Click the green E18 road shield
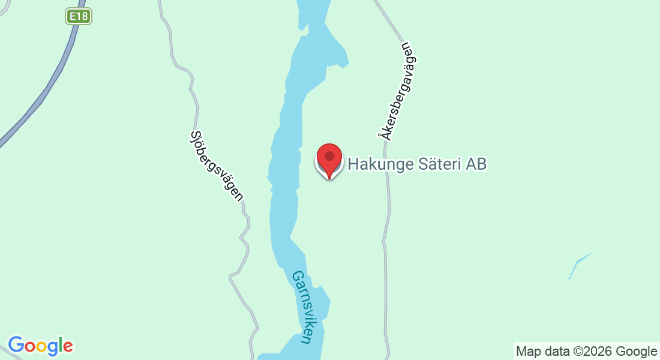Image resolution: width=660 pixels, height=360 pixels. (x=79, y=16)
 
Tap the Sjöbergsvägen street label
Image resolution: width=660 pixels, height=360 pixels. (x=216, y=166)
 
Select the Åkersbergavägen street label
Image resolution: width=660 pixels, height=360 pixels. (x=397, y=91)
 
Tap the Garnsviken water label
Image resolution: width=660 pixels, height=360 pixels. (x=302, y=307)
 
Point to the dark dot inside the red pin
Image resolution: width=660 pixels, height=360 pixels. (x=329, y=156)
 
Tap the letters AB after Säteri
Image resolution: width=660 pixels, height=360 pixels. (x=476, y=164)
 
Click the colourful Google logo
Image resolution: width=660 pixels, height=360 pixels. (x=40, y=346)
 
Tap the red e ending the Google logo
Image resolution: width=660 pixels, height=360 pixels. (x=68, y=347)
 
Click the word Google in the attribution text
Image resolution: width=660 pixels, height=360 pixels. (x=637, y=352)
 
